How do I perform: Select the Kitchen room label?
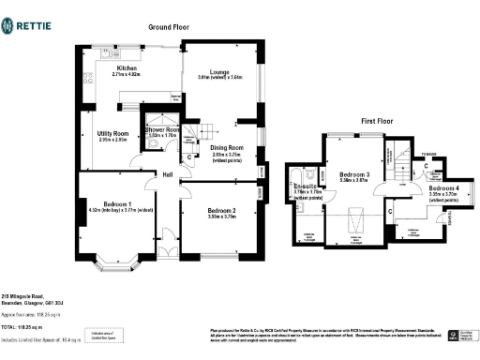click(127, 68)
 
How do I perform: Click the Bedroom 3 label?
click(354, 174)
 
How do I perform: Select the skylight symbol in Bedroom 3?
click(357, 221)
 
